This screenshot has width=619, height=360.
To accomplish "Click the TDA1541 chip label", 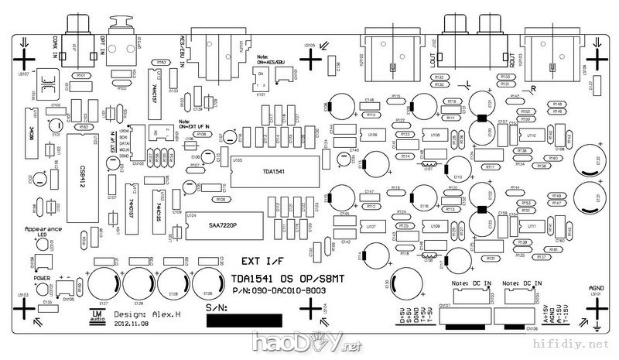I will pyautogui.click(x=274, y=172).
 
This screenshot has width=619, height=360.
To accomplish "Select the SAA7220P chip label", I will pyautogui.click(x=224, y=226).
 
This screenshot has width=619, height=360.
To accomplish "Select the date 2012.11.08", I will pyautogui.click(x=131, y=325).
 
